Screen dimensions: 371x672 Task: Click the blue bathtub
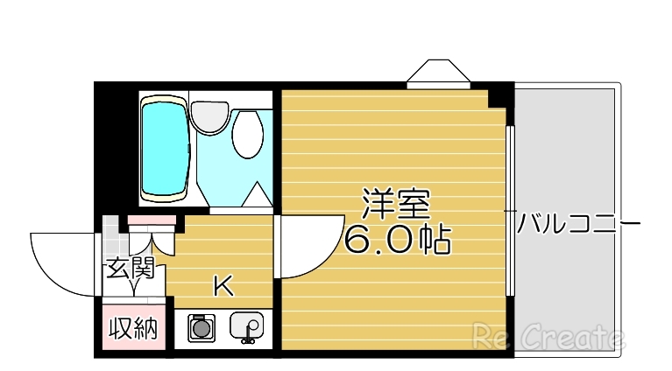(164, 150)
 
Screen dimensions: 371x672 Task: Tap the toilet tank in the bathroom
(210, 115)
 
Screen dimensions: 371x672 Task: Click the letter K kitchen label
(223, 285)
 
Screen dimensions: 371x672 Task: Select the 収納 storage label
(132, 329)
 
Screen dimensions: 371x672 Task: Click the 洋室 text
(396, 205)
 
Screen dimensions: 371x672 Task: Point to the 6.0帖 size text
(396, 239)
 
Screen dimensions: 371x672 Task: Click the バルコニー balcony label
(578, 225)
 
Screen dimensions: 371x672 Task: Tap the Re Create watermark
(548, 336)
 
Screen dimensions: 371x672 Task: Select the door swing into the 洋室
(308, 248)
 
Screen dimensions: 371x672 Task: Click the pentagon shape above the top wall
(437, 73)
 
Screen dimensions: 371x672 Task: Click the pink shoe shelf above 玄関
(152, 220)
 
